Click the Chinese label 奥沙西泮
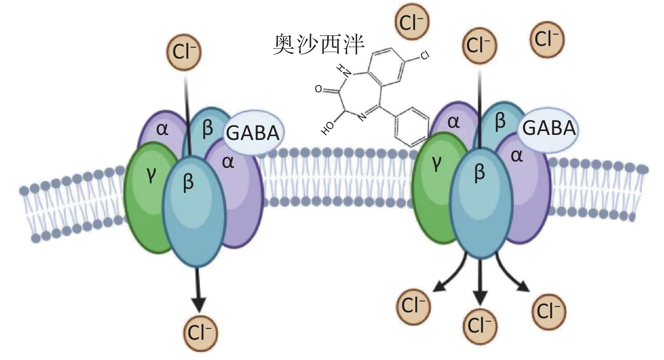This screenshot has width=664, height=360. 318,45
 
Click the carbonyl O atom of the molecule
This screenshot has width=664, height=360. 319,89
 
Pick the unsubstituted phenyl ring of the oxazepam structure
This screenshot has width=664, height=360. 411,126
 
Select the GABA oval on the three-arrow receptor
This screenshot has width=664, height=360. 549,128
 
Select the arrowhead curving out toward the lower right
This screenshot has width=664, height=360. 524,287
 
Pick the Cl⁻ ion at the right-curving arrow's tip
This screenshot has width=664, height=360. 549,312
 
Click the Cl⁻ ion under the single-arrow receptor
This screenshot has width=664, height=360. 200,333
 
